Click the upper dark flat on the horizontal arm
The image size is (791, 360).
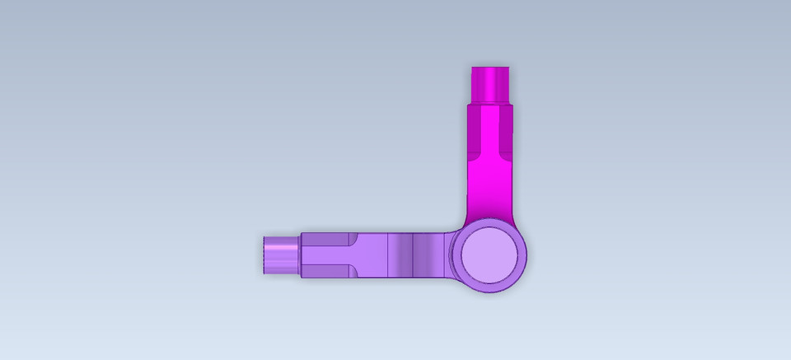tap(327, 240)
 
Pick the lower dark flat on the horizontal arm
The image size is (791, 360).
tap(327, 270)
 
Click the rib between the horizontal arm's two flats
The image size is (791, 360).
tap(330, 255)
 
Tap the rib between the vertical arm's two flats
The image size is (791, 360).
tap(492, 132)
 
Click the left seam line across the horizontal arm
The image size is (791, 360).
tap(388, 255)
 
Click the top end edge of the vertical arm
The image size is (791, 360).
tap(492, 67)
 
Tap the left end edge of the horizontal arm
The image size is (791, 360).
tap(263, 254)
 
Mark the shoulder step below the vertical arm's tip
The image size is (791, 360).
tap(492, 103)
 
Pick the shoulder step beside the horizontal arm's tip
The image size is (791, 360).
tap(301, 255)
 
